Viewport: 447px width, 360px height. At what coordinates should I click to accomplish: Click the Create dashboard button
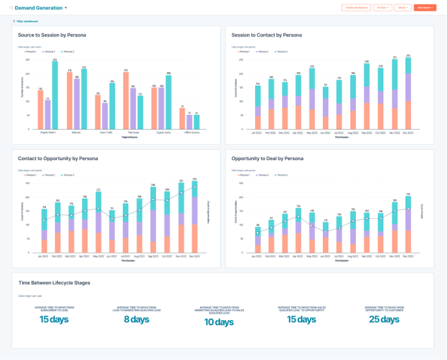[356, 7]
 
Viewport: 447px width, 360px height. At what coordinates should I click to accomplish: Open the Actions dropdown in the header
[382, 7]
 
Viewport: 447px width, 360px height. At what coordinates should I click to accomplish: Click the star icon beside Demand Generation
[11, 8]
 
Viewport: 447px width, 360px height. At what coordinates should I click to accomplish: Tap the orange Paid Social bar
[126, 101]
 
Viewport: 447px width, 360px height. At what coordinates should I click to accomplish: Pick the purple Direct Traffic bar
[105, 116]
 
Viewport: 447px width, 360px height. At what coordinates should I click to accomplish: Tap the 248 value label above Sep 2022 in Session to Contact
[366, 62]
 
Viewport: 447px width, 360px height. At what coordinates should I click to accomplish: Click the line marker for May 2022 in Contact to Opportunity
[98, 208]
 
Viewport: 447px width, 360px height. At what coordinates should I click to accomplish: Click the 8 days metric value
[136, 319]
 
